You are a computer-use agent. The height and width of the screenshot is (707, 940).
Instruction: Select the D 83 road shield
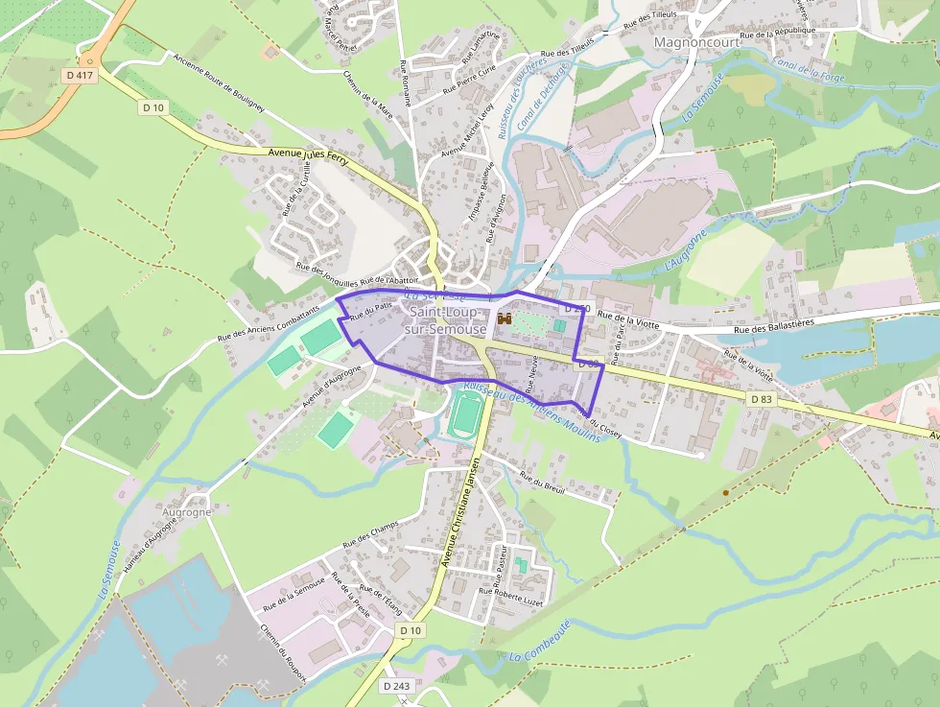[x=761, y=398]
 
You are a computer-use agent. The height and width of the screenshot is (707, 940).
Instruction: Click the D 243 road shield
[x=395, y=686]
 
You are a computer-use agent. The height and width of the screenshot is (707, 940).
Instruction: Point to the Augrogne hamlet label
[x=186, y=512]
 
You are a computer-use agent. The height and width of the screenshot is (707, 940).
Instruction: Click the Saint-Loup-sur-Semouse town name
[x=445, y=320]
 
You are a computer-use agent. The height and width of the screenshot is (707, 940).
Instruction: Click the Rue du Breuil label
[x=542, y=482]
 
